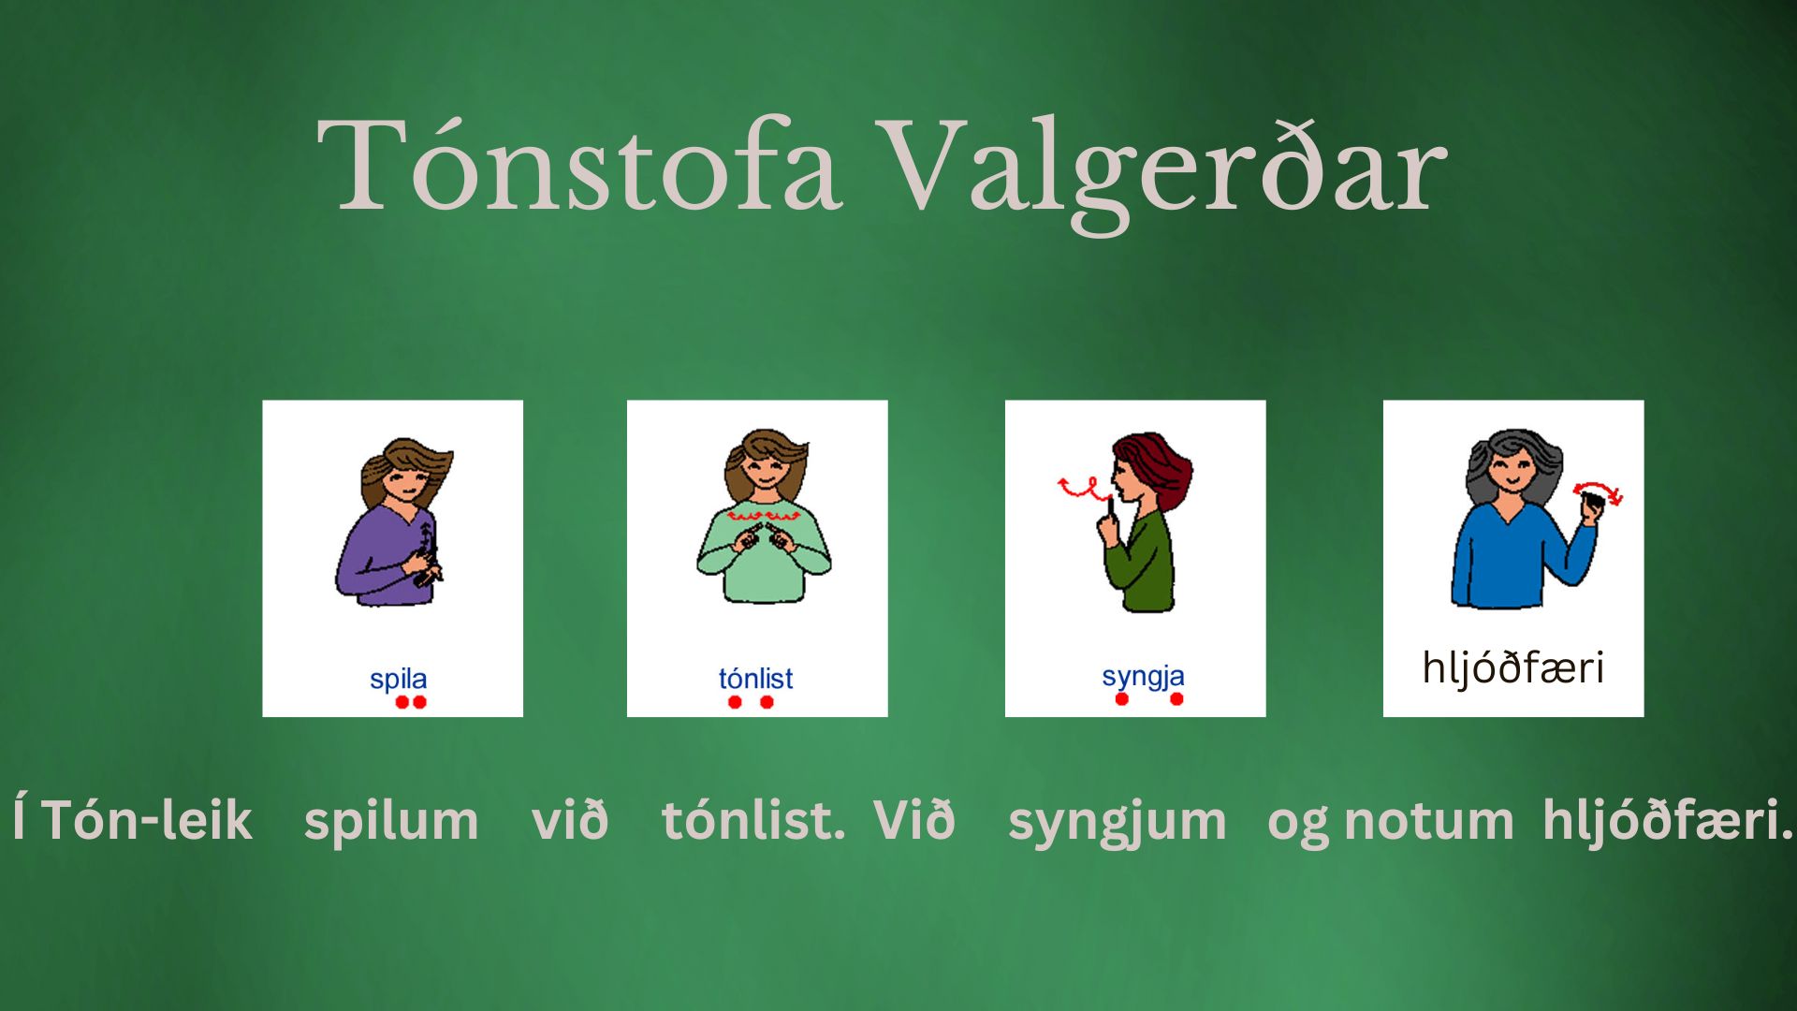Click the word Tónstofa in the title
[579, 166]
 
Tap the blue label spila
[398, 679]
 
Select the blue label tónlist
[755, 678]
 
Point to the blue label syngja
[1143, 676]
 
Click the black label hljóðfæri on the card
[1512, 668]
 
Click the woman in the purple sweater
[393, 521]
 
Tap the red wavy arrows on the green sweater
[764, 516]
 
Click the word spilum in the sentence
[391, 821]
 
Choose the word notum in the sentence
[1428, 821]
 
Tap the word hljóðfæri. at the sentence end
[1667, 819]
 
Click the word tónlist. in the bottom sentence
[753, 820]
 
